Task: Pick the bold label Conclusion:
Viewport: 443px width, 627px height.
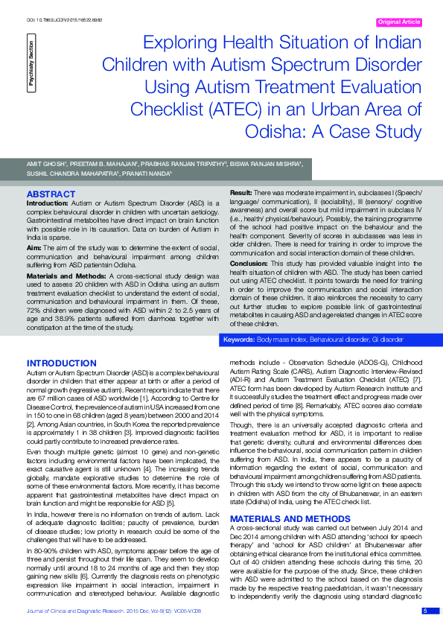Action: [x=248, y=264]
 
